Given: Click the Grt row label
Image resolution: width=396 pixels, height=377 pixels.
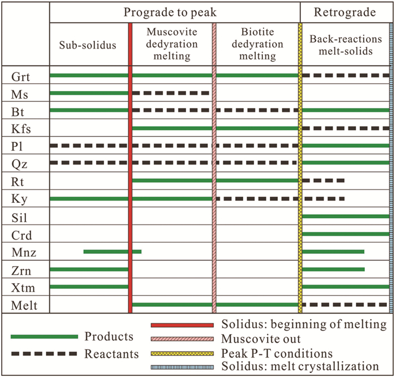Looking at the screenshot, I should coord(18,75).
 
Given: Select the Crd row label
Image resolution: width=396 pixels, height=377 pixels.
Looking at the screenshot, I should coord(18,233).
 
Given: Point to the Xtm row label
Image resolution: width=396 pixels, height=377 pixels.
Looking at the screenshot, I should coord(18,287).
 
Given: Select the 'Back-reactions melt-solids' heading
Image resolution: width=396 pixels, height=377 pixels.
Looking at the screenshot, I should coord(344,45).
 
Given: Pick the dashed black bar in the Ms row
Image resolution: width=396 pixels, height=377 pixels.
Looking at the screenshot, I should coord(170,93).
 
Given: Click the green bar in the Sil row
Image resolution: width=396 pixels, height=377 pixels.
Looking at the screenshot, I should coord(346,216).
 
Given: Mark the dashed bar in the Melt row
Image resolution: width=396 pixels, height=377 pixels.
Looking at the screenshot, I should coord(346,305).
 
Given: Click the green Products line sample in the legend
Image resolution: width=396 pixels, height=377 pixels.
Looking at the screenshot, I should coord(44,337).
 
